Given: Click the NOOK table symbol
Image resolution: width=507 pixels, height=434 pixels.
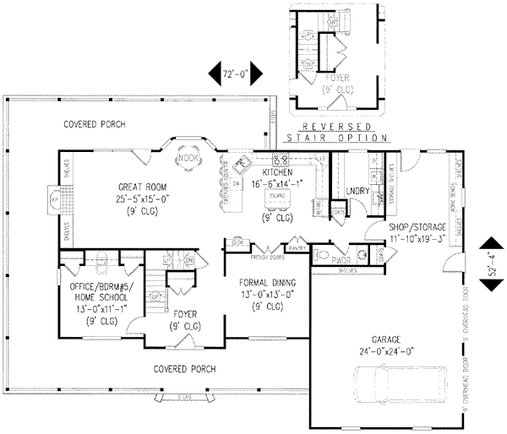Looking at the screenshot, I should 185,158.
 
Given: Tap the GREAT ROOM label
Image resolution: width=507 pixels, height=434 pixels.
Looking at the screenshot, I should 142,187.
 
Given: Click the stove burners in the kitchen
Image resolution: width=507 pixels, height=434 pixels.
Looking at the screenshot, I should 282,159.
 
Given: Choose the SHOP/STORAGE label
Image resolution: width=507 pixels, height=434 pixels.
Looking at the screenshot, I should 417,228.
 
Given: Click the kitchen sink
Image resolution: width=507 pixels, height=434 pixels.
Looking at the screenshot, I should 242,163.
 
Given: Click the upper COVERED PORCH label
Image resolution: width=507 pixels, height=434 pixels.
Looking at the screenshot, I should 95,125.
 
